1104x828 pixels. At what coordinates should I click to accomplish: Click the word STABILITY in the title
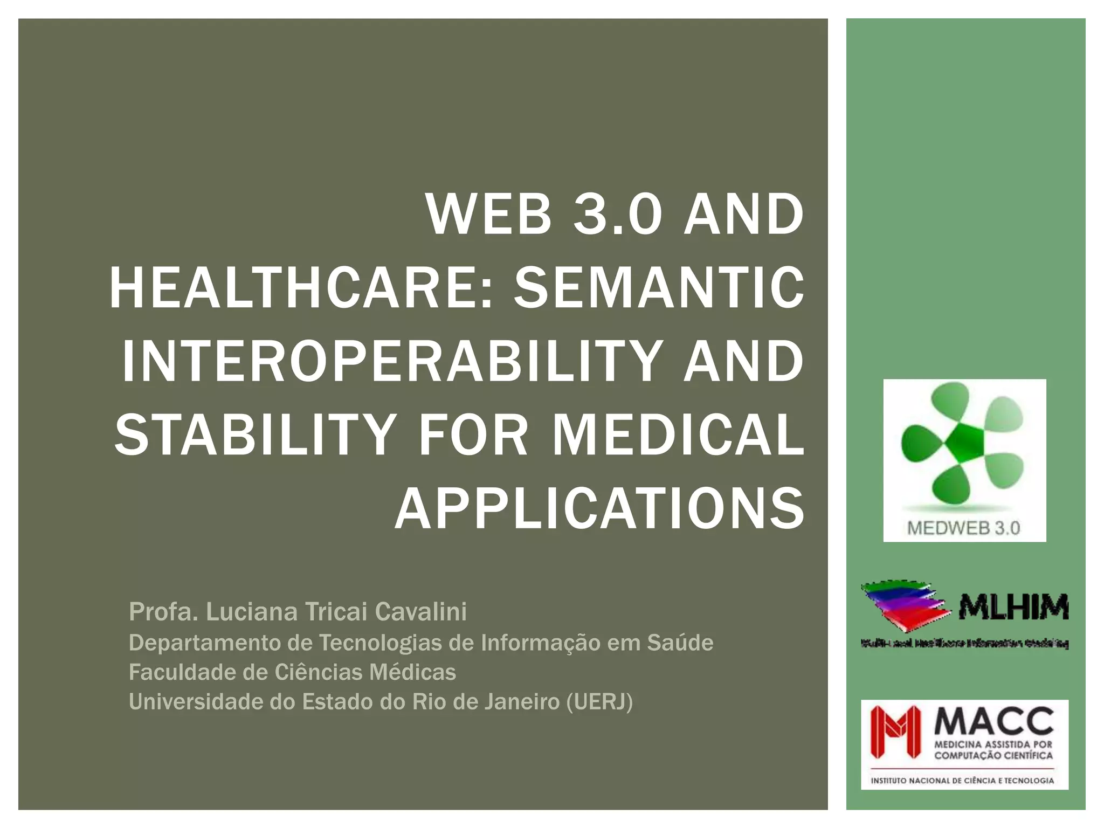256,434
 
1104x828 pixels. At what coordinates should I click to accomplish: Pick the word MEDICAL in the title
678,434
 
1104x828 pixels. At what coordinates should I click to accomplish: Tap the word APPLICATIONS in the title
600,508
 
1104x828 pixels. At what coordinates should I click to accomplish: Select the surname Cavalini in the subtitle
420,612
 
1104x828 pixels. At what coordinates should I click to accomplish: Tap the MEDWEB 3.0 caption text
964,528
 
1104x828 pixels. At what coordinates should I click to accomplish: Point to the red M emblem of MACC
895,732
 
